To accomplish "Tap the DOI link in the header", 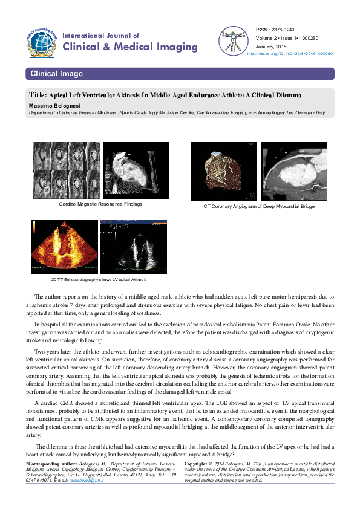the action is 290,53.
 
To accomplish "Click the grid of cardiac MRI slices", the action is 66,171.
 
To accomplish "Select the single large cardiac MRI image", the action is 132,171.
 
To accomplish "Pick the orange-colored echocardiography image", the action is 64,247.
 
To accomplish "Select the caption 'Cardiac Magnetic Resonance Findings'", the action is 100,204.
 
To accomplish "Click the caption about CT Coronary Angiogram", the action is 259,207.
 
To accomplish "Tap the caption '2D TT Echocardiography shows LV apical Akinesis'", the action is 99,280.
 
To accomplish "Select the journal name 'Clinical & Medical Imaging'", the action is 130,47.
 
